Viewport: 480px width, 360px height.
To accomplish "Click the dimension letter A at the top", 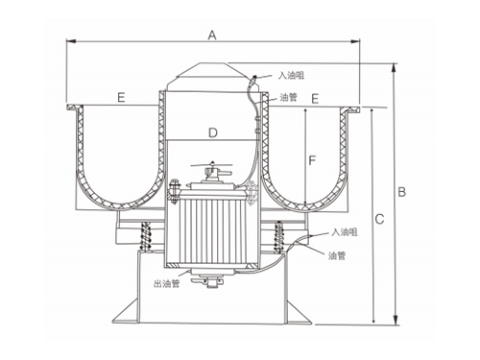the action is click(212, 35).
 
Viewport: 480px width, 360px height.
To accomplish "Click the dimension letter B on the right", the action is click(401, 192).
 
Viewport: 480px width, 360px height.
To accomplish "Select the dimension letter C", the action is click(379, 219).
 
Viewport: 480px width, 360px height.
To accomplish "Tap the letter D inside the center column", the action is click(213, 132).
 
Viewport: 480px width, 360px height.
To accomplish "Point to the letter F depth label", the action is click(312, 160).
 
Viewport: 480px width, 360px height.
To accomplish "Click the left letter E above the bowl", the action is click(121, 97).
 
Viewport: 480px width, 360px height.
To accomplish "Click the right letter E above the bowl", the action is click(315, 99).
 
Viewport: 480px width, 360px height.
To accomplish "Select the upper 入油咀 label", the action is click(291, 76).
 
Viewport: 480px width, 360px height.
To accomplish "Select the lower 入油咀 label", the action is click(345, 232).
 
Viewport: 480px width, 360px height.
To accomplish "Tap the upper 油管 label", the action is click(289, 97).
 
